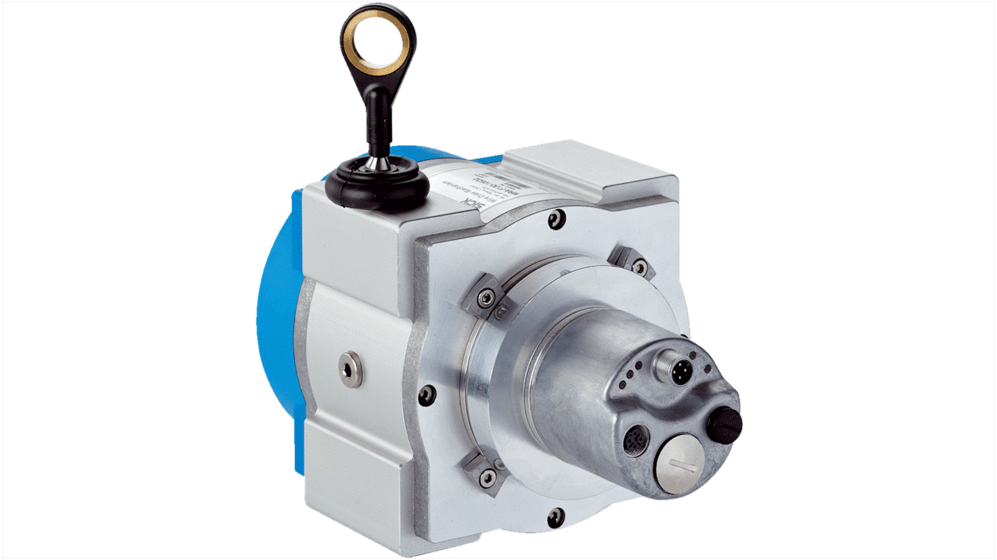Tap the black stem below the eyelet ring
(377, 119)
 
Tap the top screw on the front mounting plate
(556, 219)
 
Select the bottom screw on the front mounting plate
(555, 518)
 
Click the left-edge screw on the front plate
(427, 395)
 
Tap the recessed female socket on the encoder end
(636, 441)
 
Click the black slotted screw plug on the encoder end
(725, 422)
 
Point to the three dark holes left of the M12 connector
(636, 375)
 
